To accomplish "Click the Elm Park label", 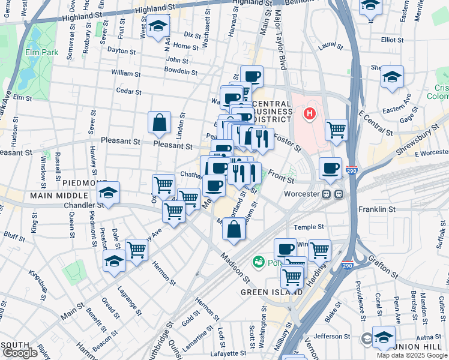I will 41,52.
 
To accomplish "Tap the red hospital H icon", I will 310,113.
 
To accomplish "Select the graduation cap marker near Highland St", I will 158,26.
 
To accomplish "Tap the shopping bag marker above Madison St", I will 234,229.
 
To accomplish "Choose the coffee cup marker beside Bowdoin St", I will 252,76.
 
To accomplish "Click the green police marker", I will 259,262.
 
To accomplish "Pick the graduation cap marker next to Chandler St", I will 109,193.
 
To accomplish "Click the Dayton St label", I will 121,50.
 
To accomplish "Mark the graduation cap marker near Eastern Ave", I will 393,77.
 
